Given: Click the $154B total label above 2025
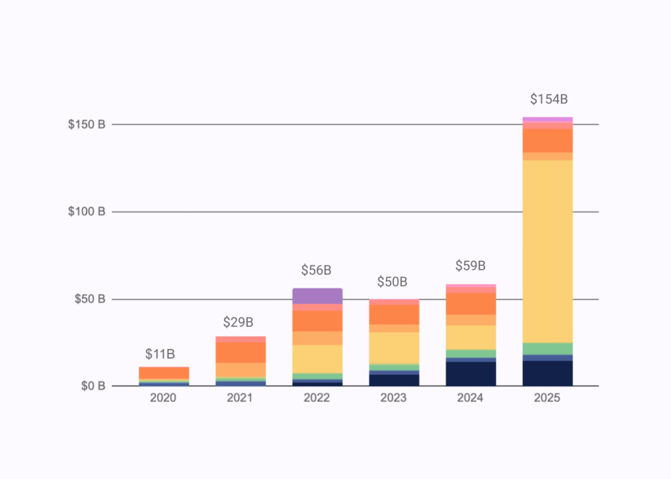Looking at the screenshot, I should click(x=548, y=100).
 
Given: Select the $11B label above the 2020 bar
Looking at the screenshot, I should click(x=160, y=354).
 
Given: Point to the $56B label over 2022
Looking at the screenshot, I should click(x=316, y=270).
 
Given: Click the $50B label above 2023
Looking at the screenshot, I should click(x=392, y=282).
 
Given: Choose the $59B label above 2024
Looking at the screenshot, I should click(x=470, y=266).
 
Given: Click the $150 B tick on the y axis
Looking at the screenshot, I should click(x=86, y=125).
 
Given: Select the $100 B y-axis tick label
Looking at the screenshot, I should click(x=86, y=212).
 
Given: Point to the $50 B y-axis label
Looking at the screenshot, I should click(x=89, y=299).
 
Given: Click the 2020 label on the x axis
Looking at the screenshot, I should click(x=163, y=398).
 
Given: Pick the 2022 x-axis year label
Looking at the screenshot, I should click(x=317, y=398).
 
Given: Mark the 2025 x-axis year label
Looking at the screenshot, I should click(x=547, y=398).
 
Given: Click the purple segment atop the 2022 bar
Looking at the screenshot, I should click(x=317, y=296).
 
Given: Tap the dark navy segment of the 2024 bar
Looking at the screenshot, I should click(x=470, y=374).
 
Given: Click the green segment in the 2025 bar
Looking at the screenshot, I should click(x=547, y=349).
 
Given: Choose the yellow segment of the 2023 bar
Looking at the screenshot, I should click(x=394, y=347).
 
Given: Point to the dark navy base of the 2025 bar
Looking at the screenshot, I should click(x=547, y=373).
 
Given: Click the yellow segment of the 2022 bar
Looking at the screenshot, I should click(x=317, y=358).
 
